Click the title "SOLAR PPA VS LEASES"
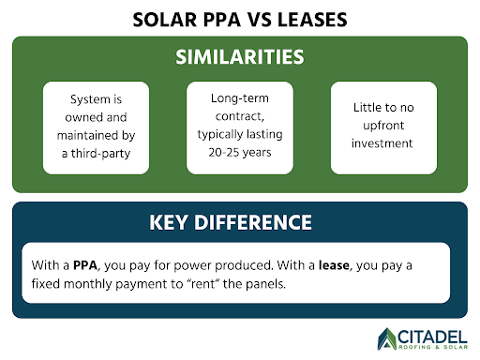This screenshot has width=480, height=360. (x=240, y=19)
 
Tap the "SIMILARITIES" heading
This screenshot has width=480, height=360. (x=240, y=56)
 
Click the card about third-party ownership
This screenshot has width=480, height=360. (x=97, y=127)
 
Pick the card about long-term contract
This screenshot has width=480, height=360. (x=240, y=127)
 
